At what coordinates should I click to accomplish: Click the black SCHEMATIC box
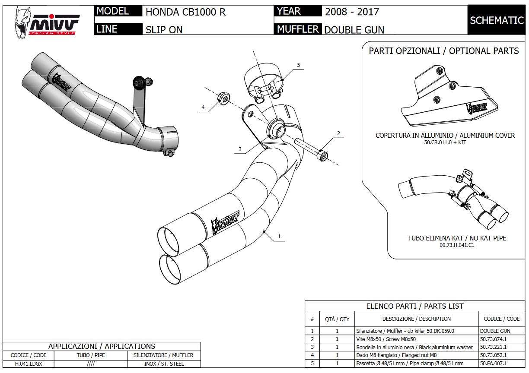497,20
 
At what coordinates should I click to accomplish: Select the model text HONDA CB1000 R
185,12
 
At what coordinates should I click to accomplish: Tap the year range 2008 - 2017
352,12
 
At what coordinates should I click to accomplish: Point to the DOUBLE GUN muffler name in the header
354,30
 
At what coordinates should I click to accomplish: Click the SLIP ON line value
164,30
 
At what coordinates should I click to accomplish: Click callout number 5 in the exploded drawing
298,65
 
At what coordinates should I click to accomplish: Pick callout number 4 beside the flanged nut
203,107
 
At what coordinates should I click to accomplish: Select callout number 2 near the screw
339,133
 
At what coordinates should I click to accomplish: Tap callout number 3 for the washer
239,149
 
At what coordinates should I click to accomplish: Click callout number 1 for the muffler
279,236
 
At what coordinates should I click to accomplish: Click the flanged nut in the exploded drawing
223,98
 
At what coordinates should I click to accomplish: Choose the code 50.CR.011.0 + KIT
445,142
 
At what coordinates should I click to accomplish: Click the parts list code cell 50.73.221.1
493,347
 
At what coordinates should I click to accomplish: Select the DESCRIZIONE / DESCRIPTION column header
416,319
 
